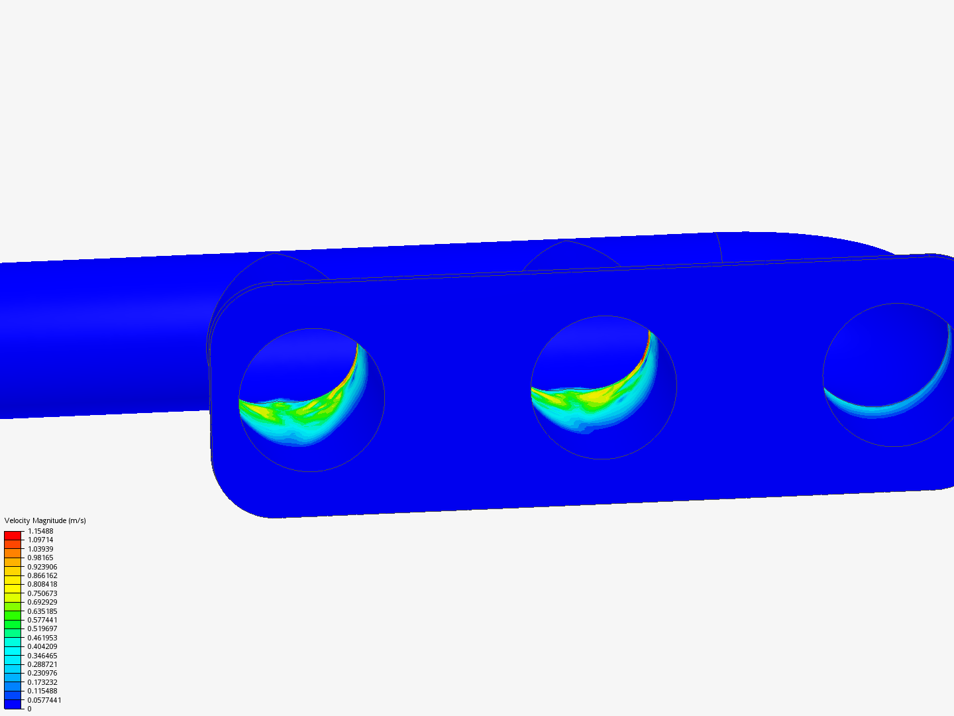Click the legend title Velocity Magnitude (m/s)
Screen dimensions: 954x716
tap(45, 520)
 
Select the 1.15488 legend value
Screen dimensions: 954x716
tap(40, 531)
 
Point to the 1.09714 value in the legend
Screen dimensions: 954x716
tap(40, 540)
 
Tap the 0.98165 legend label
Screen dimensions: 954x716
tap(40, 558)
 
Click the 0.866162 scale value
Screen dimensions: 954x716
tap(42, 575)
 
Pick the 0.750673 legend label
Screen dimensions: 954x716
tap(42, 593)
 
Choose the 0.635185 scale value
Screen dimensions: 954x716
tap(42, 611)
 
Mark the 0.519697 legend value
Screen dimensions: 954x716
tap(42, 628)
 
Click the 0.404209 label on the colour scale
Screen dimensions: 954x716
tap(42, 646)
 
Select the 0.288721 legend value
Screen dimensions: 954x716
tap(42, 664)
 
